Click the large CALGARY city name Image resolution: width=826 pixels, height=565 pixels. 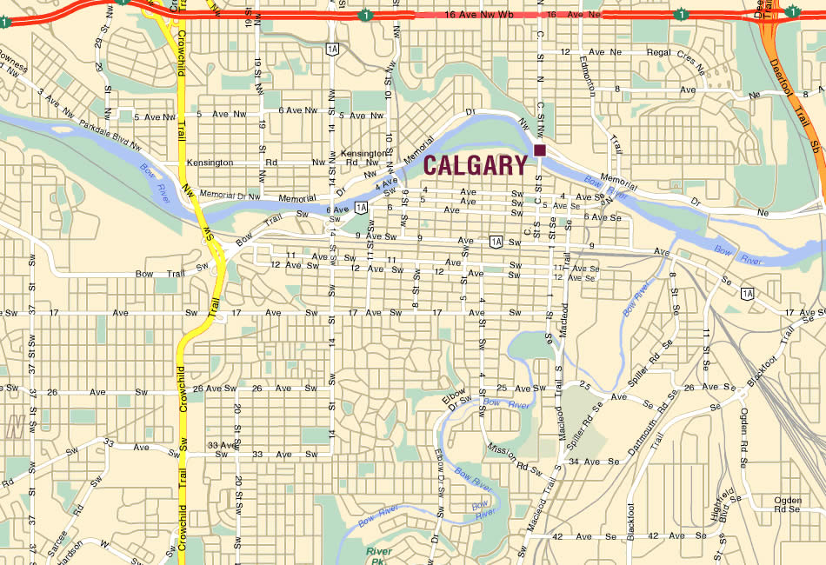tap(476, 164)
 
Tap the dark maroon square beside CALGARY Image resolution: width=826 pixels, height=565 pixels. tap(540, 151)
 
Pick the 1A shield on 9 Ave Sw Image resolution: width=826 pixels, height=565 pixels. tap(496, 241)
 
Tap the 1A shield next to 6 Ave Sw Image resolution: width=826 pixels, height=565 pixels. tap(361, 207)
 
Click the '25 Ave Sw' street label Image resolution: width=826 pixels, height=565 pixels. tap(514, 388)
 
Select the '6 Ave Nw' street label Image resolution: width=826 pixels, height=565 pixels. tap(297, 110)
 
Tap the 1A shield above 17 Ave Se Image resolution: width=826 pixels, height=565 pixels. tap(748, 293)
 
